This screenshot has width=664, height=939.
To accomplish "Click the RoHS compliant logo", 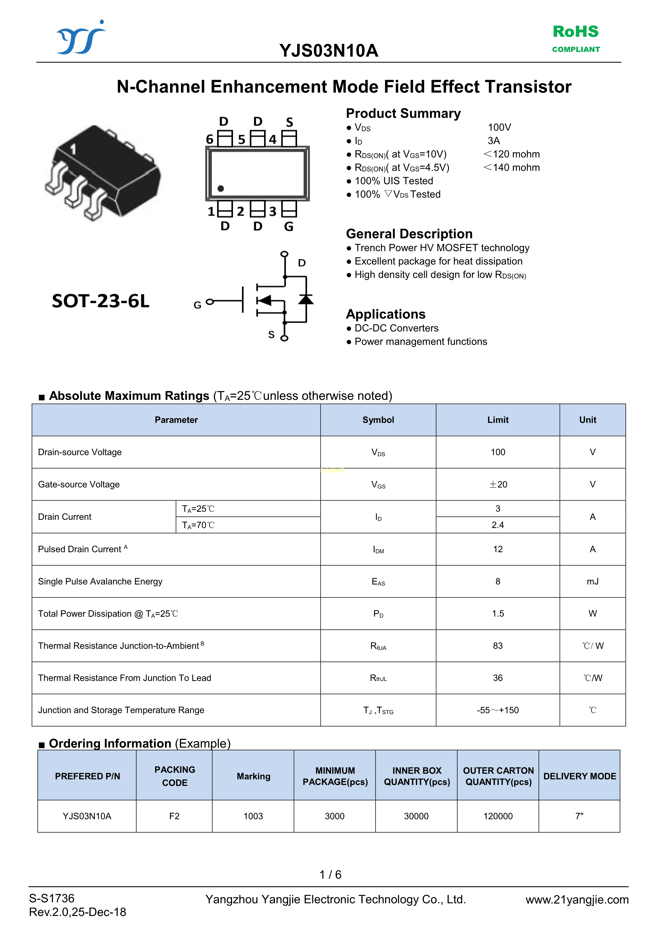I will click(576, 38).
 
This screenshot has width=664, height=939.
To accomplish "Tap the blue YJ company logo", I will click(81, 37).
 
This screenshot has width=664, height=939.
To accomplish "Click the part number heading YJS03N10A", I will click(329, 51).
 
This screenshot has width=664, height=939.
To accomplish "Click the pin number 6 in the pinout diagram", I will click(210, 139).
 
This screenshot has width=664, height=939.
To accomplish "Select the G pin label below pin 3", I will click(289, 226).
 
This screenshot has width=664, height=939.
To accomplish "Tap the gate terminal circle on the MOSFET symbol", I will click(210, 302).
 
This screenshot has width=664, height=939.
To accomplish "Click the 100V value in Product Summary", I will click(499, 127).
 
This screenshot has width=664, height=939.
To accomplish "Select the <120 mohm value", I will click(512, 154).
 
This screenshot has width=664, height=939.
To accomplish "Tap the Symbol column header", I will click(378, 420).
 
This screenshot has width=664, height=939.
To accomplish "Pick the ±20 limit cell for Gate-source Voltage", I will click(498, 484).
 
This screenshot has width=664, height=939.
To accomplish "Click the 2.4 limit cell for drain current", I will click(498, 525).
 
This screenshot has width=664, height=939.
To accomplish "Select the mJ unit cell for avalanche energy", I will click(592, 581).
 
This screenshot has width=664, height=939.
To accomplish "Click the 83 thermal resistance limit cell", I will click(498, 646).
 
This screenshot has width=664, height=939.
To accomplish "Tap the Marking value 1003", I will click(253, 816).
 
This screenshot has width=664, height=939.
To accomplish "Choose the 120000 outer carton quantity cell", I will click(498, 816).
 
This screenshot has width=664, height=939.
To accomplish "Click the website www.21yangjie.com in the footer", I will click(577, 899).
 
